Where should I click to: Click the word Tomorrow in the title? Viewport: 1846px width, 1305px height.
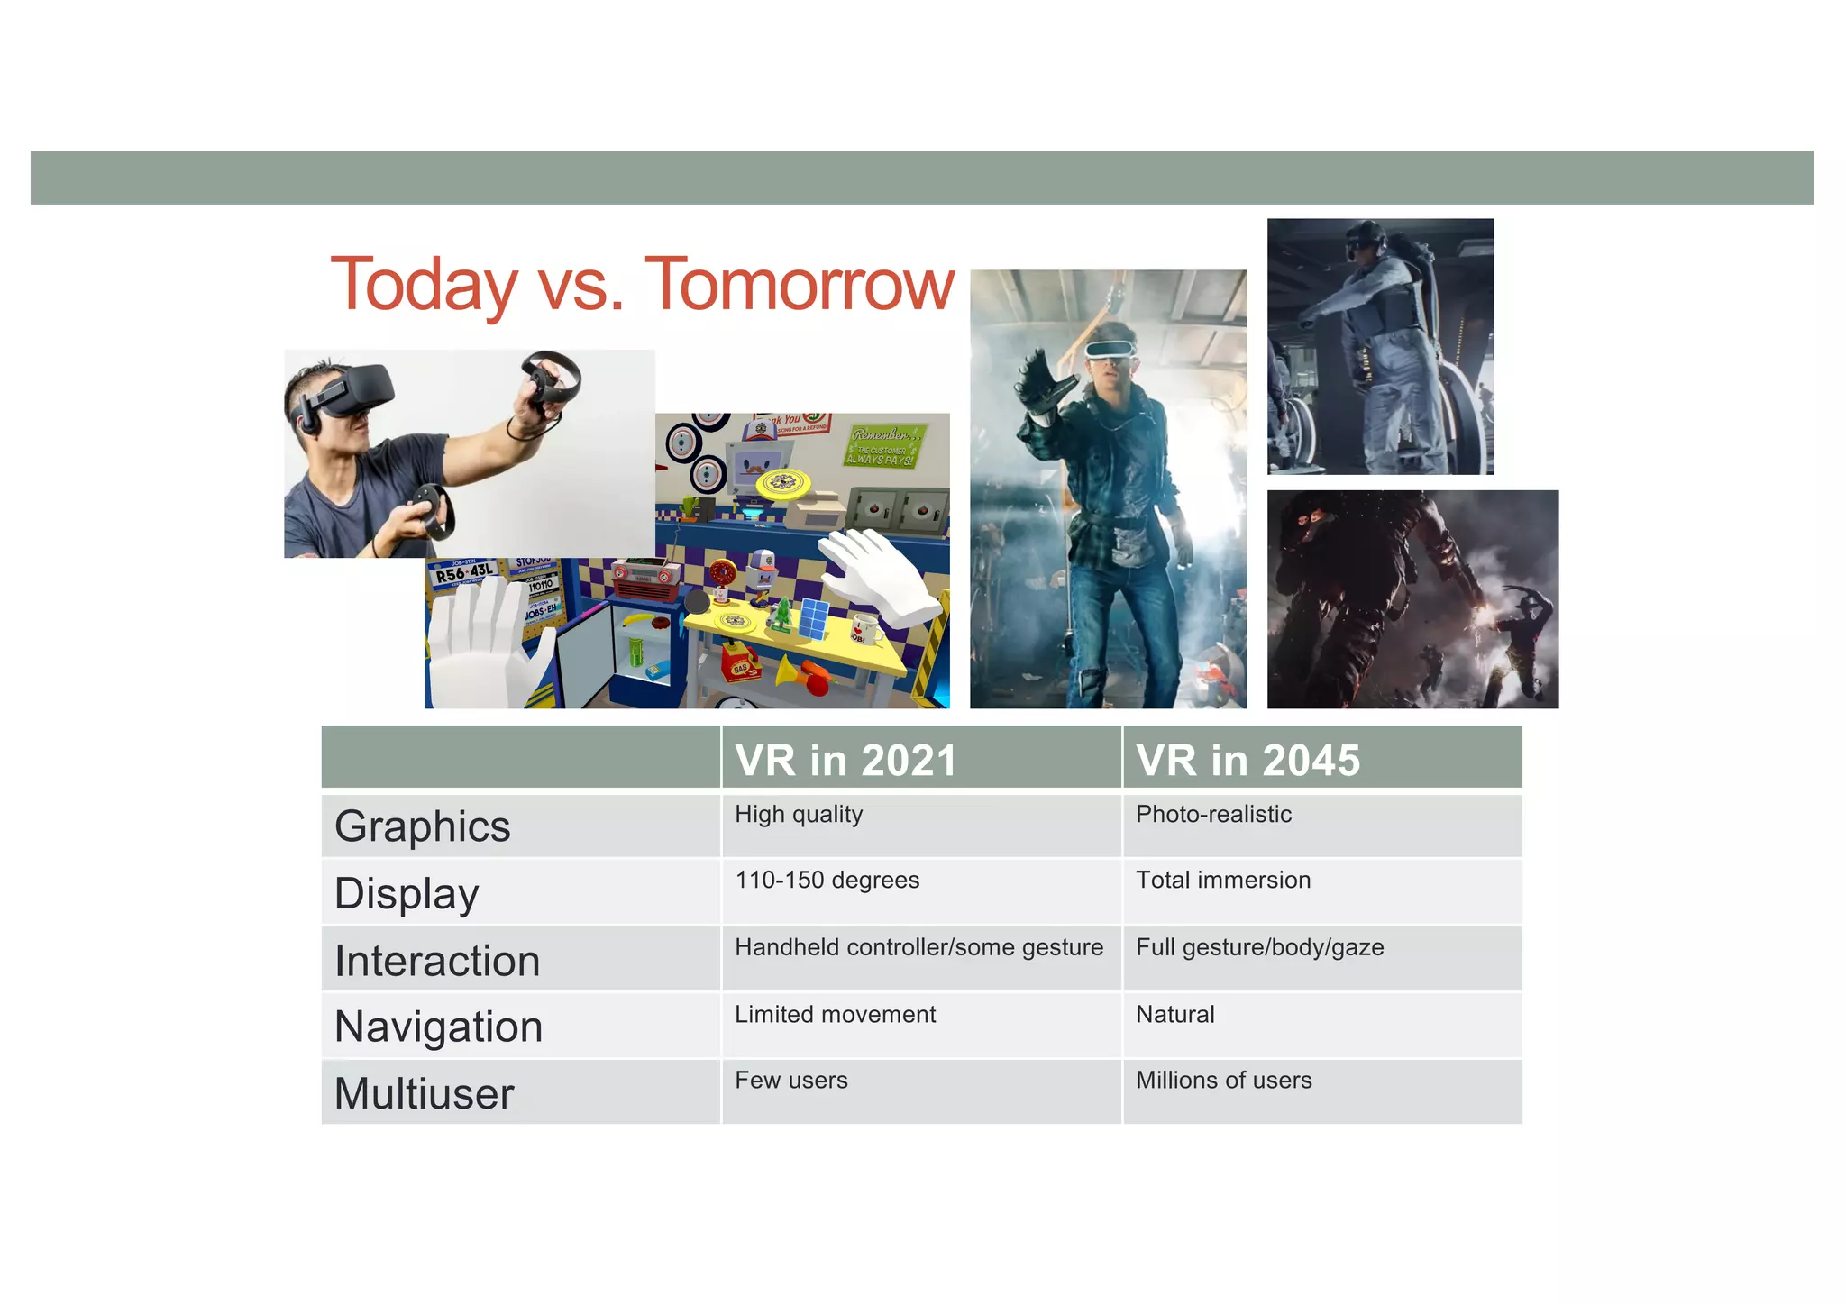pos(800,285)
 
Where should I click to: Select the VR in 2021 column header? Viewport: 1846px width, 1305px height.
pos(845,760)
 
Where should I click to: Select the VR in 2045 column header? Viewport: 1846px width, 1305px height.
pos(1247,760)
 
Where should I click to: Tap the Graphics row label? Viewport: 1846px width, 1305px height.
pos(423,826)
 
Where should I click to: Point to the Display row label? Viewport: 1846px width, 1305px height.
pos(407,893)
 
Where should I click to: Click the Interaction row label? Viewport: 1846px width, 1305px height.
pos(437,961)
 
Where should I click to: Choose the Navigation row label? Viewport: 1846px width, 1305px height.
pos(438,1027)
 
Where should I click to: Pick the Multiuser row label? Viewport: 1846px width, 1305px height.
pos(424,1093)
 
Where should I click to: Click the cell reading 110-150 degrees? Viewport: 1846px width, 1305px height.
pos(827,881)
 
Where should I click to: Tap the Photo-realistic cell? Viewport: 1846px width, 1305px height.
pos(1213,815)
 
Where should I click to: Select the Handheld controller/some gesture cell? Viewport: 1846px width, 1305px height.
pos(918,947)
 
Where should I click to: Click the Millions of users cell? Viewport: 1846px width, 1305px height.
pos(1223,1081)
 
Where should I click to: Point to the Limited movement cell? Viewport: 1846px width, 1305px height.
pos(835,1015)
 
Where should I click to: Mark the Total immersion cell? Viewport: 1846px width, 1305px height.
pos(1223,881)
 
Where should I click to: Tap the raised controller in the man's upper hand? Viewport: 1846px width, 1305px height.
pos(552,379)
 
